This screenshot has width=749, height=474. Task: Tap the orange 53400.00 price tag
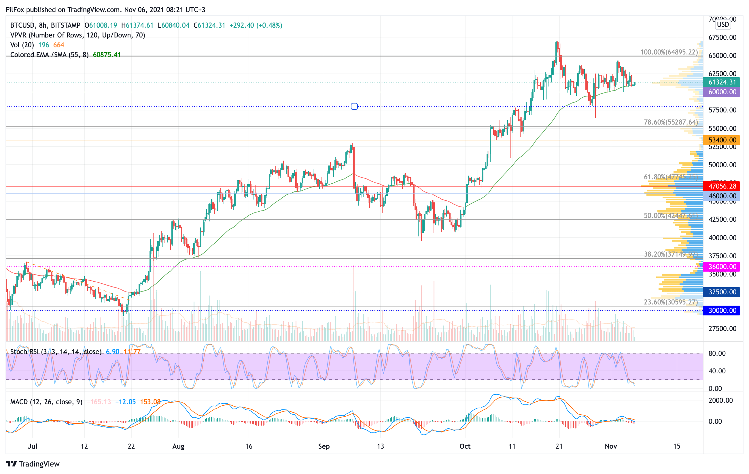tap(722, 140)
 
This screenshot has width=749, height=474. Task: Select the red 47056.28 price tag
tap(722, 186)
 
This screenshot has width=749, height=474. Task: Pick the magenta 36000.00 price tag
tap(722, 266)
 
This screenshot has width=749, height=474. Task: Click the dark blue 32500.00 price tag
tap(722, 292)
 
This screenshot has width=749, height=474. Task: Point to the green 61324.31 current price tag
tap(722, 82)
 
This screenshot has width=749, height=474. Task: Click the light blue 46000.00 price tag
tap(722, 196)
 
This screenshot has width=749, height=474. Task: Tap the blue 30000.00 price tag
tap(722, 310)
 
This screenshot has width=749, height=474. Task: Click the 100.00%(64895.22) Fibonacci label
tap(669, 52)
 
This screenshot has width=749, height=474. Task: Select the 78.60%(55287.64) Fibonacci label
tap(671, 122)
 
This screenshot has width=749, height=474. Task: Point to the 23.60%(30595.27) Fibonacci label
tap(671, 302)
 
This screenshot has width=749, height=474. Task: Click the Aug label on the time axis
tap(178, 446)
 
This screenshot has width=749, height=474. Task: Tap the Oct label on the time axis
tap(465, 446)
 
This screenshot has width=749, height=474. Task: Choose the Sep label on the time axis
tap(324, 446)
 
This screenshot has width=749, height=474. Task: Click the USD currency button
tap(723, 24)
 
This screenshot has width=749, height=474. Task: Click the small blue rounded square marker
tap(354, 106)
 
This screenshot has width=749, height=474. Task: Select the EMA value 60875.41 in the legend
tap(106, 55)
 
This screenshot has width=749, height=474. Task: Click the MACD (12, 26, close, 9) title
tap(46, 402)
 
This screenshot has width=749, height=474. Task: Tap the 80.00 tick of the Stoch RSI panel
tap(717, 353)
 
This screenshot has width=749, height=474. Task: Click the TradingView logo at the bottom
tap(33, 464)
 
